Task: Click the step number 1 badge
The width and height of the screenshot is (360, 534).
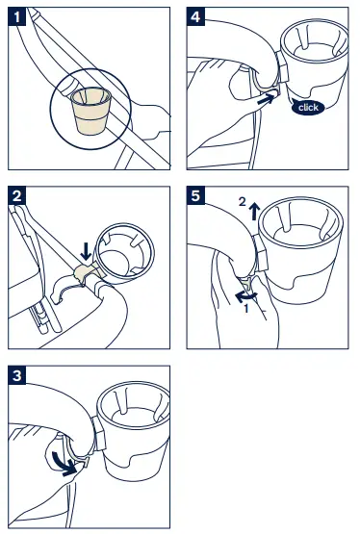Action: tap(16, 16)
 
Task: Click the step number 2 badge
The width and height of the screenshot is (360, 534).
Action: tap(16, 195)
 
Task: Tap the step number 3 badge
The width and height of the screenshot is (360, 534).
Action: tap(16, 375)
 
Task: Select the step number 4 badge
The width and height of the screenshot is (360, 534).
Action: tap(195, 16)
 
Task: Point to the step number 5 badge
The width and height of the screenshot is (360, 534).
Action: tap(195, 195)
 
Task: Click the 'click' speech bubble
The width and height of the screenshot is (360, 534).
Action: tap(308, 107)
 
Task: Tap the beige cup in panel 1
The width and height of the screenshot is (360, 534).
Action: tap(91, 111)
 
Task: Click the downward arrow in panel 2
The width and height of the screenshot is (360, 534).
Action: tap(86, 251)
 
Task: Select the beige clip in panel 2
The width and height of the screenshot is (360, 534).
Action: tap(87, 271)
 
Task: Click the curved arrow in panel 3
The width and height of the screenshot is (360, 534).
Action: tap(64, 463)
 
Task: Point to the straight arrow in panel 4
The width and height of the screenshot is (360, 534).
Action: tap(266, 100)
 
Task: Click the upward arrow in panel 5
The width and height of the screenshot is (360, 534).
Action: tap(254, 211)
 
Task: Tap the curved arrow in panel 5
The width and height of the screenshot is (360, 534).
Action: tap(245, 296)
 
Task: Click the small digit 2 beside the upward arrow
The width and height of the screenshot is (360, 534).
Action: tap(242, 202)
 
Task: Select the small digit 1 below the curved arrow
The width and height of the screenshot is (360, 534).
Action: tap(246, 309)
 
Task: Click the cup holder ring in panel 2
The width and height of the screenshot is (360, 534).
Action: tap(125, 254)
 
